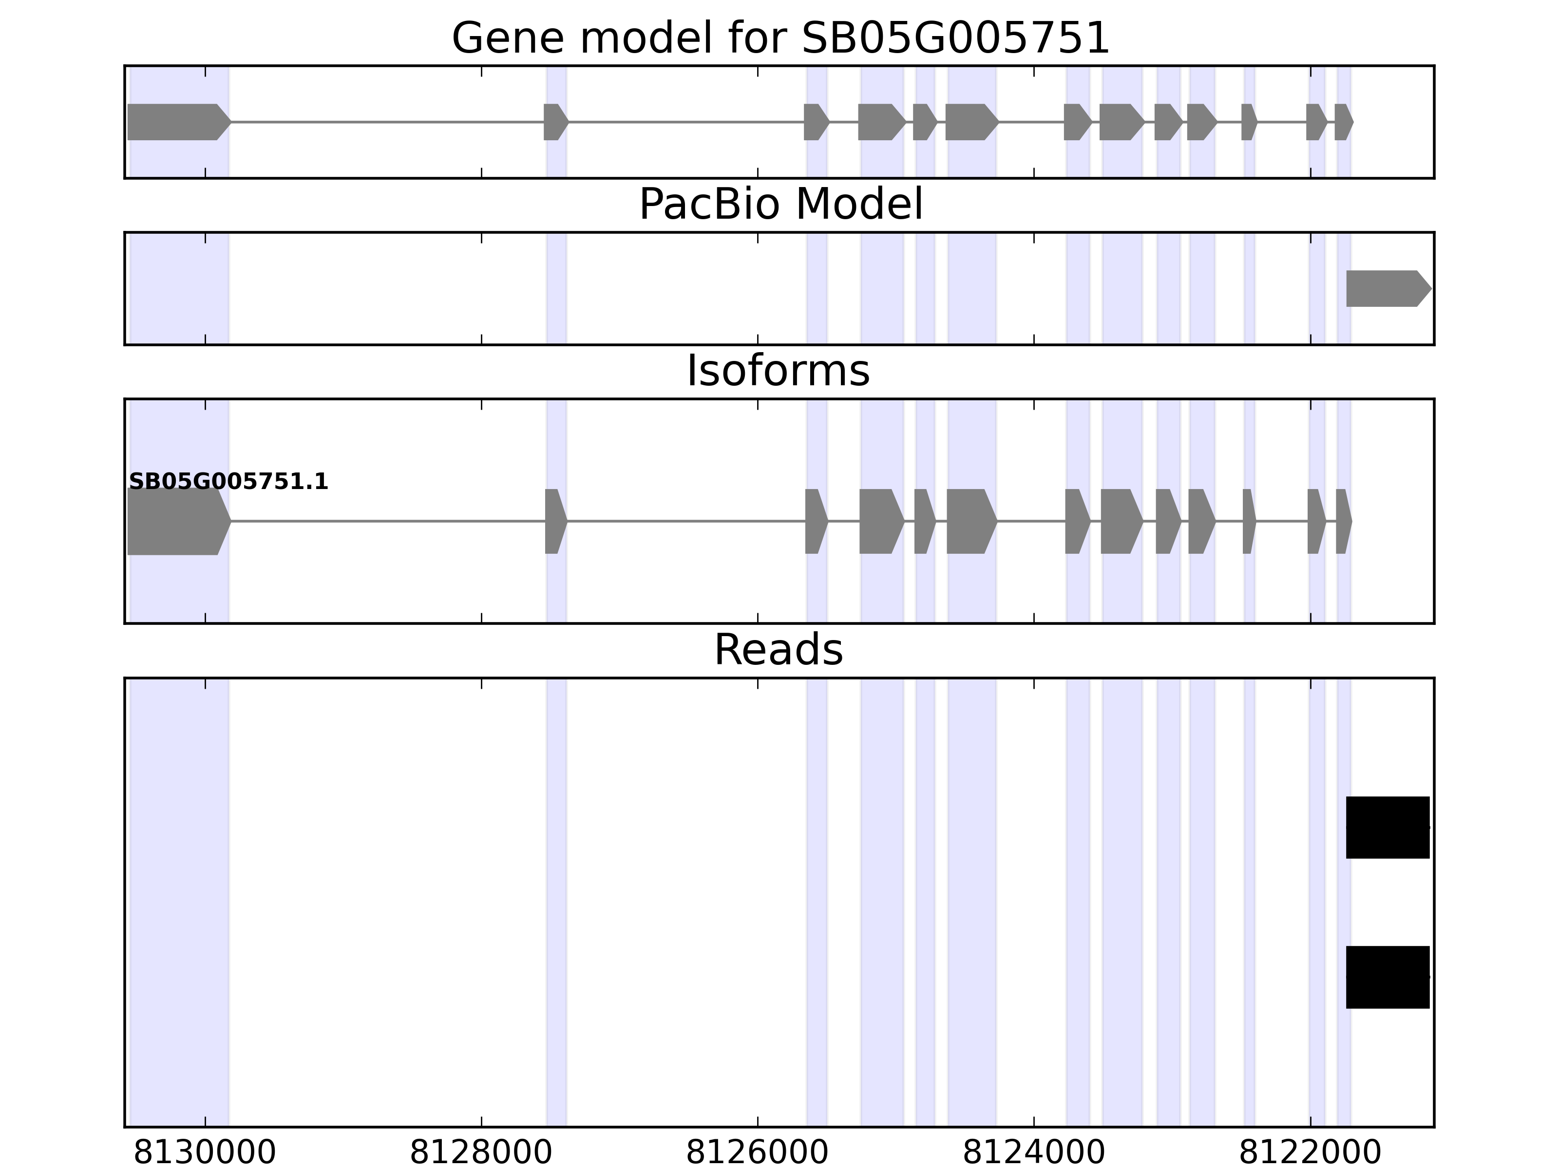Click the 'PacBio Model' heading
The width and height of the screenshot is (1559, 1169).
pos(780,205)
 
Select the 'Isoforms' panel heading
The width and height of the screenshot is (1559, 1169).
pos(778,371)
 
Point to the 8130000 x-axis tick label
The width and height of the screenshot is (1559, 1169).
pos(205,1153)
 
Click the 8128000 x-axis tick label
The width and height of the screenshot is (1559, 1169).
pos(481,1153)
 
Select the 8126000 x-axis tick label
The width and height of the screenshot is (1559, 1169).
pos(757,1153)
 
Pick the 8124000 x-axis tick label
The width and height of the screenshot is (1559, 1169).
pos(1033,1153)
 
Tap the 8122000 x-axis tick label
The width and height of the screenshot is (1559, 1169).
pos(1310,1153)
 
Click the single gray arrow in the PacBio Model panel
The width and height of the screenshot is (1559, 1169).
pos(1387,289)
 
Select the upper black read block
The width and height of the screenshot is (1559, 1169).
pos(1387,827)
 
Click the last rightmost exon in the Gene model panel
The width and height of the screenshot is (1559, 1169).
pos(1343,122)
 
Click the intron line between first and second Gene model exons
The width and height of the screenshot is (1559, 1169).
pos(388,122)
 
